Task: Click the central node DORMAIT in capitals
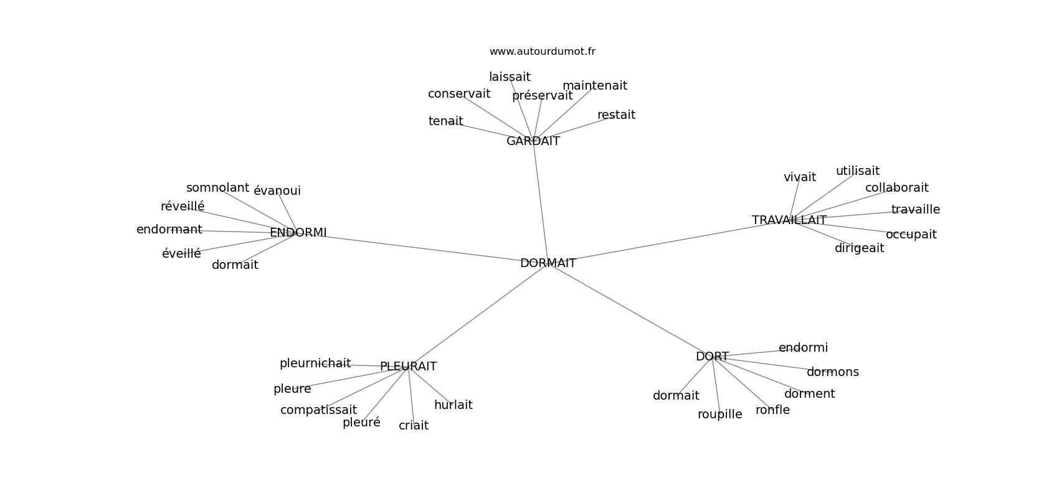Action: point(548,263)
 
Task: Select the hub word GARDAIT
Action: point(533,141)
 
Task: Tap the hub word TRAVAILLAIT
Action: point(789,220)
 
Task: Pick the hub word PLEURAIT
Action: point(409,366)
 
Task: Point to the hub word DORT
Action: point(712,357)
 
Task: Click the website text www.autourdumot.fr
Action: point(542,52)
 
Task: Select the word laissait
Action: point(510,77)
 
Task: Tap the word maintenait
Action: point(595,85)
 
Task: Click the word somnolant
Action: point(217,187)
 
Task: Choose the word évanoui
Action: point(277,191)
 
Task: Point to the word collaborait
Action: point(897,187)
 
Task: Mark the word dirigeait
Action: point(859,248)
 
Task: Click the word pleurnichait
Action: point(315,364)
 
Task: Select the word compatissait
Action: point(318,410)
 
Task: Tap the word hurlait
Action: point(453,405)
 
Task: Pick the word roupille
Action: point(719,415)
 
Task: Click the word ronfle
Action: point(772,410)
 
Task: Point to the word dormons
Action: point(832,372)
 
